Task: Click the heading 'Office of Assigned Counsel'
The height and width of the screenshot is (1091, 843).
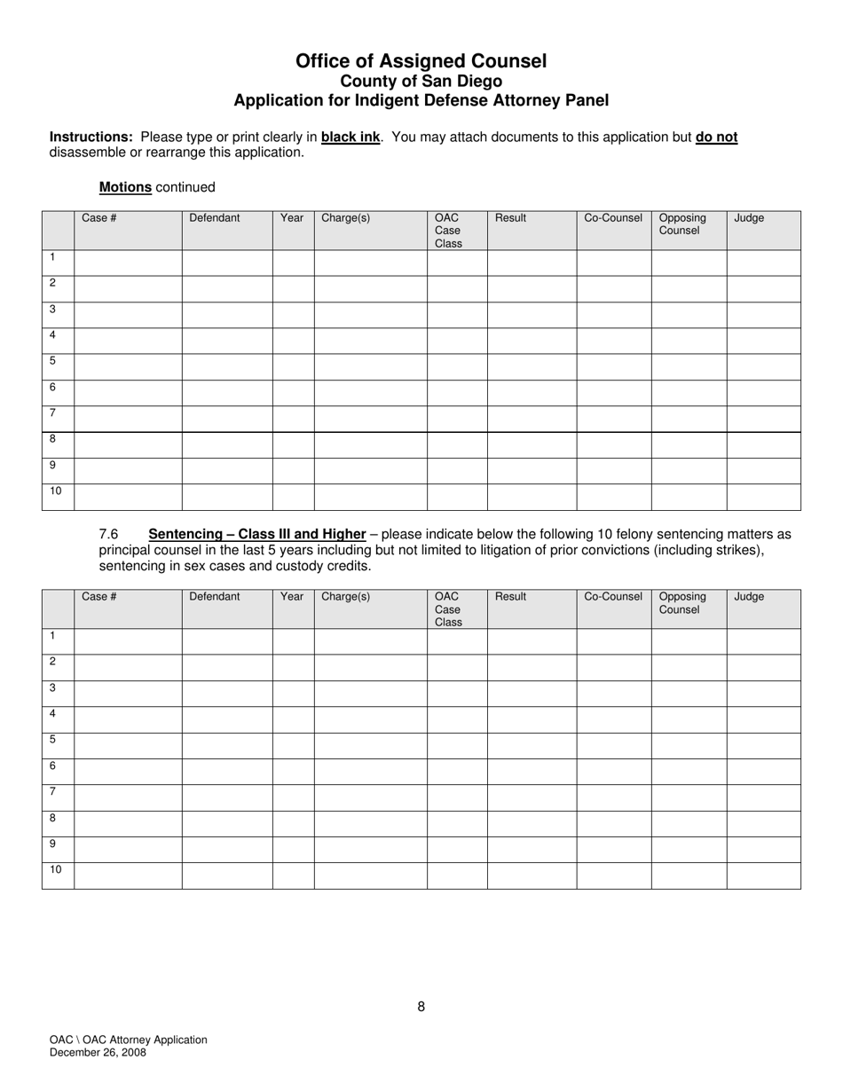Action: pyautogui.click(x=421, y=61)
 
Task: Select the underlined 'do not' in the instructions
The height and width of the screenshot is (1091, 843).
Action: pyautogui.click(x=716, y=137)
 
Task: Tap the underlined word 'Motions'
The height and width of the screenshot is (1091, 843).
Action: pyautogui.click(x=125, y=187)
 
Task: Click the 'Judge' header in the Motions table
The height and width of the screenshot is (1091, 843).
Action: pyautogui.click(x=749, y=218)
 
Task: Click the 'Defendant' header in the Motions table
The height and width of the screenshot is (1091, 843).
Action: pyautogui.click(x=214, y=218)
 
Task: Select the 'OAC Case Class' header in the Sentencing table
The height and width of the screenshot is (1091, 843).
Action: pyautogui.click(x=448, y=609)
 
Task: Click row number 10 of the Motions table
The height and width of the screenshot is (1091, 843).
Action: pyautogui.click(x=56, y=491)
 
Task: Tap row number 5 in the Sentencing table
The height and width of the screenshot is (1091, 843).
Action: pyautogui.click(x=53, y=740)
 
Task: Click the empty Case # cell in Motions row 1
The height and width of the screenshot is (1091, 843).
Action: pyautogui.click(x=128, y=263)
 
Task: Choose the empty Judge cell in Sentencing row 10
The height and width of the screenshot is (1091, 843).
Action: pyautogui.click(x=763, y=875)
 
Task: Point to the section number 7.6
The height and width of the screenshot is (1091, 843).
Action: pyautogui.click(x=109, y=534)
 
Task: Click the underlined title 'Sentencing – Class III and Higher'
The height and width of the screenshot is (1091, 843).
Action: pyautogui.click(x=256, y=534)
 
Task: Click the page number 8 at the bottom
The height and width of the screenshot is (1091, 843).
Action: pyautogui.click(x=421, y=1007)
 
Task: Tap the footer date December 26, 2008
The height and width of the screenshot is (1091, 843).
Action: pyautogui.click(x=98, y=1053)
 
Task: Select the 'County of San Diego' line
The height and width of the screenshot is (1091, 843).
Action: pyautogui.click(x=421, y=81)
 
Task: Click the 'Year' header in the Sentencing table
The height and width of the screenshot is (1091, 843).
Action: pyautogui.click(x=292, y=597)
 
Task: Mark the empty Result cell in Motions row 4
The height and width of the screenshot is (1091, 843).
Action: pyautogui.click(x=532, y=341)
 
